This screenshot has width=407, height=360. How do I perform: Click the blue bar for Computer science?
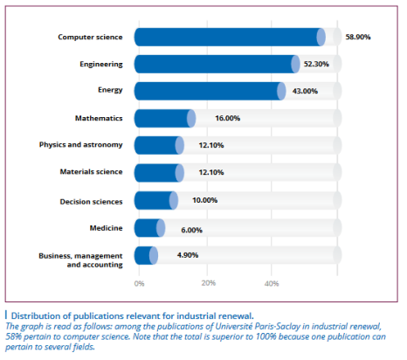pyautogui.click(x=230, y=37)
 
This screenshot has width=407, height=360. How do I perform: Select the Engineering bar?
pyautogui.click(x=217, y=64)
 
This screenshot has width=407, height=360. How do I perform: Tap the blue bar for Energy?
pyautogui.click(x=210, y=91)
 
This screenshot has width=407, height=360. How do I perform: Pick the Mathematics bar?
pyautogui.click(x=165, y=118)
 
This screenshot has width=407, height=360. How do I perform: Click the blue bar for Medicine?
pyautogui.click(x=149, y=228)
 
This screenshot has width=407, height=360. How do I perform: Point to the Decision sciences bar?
pyautogui.click(x=156, y=200)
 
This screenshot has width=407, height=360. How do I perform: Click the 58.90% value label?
pyautogui.click(x=358, y=37)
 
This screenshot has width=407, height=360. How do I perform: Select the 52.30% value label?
pyautogui.click(x=316, y=64)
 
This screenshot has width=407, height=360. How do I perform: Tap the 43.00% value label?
pyautogui.click(x=305, y=91)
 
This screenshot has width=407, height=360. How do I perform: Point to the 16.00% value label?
pyautogui.click(x=227, y=118)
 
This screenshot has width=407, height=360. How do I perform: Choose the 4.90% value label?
pyautogui.click(x=188, y=255)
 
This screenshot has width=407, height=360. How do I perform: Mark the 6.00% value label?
pyautogui.click(x=191, y=230)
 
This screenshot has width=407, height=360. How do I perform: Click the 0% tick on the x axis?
pyautogui.click(x=139, y=283)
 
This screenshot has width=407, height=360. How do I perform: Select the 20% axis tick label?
pyautogui.click(x=208, y=283)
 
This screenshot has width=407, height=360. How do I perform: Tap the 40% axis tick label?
pyautogui.click(x=272, y=283)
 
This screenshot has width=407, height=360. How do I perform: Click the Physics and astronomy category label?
pyautogui.click(x=80, y=145)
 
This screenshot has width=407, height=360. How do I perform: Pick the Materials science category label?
pyautogui.click(x=91, y=172)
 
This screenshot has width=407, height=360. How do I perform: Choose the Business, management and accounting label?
pyautogui.click(x=80, y=260)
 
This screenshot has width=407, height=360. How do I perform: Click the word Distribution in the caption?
pyautogui.click(x=39, y=316)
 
